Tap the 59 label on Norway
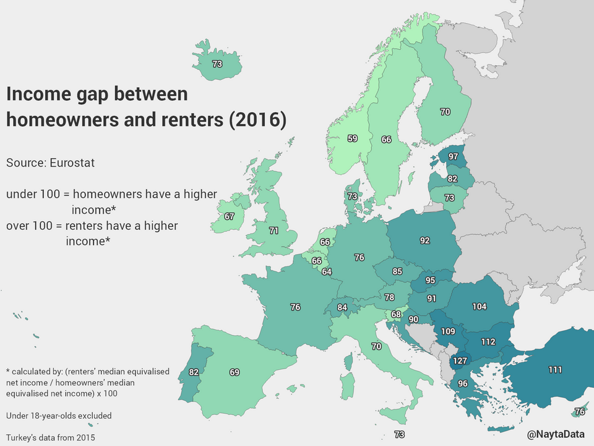coord(352,139)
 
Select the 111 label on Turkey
coord(555,370)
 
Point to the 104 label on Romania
coord(479,306)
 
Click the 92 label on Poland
coord(424,240)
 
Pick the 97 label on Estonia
coord(453,157)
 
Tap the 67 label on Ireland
coord(230,216)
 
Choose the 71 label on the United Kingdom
coord(273,230)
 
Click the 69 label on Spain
coord(234,372)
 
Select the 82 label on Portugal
coord(194,372)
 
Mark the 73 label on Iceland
coord(217,64)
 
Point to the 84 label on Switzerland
coord(342,307)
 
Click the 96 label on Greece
coord(462,383)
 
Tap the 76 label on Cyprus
coord(579,411)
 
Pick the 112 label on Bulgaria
coord(488,341)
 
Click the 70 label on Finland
coord(445,112)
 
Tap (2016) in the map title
coord(257,120)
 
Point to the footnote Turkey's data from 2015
coord(51,437)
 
